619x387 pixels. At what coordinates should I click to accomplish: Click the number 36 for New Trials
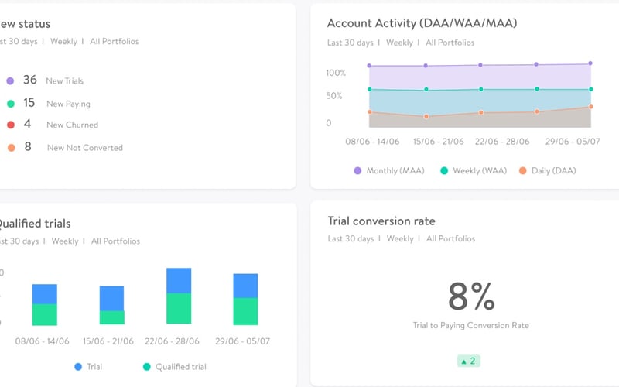point(30,80)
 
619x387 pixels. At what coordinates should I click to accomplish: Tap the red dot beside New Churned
point(10,125)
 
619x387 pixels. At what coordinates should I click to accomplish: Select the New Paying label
point(68,104)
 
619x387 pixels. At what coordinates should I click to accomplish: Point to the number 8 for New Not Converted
point(28,146)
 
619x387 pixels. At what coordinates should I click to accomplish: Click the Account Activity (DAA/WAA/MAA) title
point(422,23)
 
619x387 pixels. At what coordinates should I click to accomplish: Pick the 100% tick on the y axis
point(335,73)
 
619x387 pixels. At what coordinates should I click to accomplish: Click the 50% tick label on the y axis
point(333,96)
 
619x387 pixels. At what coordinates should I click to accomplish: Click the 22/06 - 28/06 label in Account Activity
point(503,142)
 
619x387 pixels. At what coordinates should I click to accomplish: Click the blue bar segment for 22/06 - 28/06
point(179,280)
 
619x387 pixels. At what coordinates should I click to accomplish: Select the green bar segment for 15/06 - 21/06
point(111,317)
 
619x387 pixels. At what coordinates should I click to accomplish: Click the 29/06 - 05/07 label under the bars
point(243,341)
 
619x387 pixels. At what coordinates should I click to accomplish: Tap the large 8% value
point(470,296)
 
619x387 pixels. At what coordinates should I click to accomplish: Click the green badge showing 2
point(469,361)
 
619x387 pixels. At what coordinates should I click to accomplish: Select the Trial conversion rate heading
point(381,221)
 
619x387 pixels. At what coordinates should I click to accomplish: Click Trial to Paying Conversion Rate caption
point(470,326)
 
